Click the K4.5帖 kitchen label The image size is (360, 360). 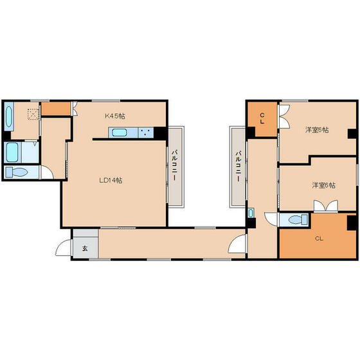[x=115, y=116]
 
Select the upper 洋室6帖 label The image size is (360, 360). [x=316, y=130]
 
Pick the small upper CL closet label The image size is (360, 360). [x=262, y=119]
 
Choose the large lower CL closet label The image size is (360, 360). [x=319, y=239]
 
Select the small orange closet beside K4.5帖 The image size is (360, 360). [x=56, y=109]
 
